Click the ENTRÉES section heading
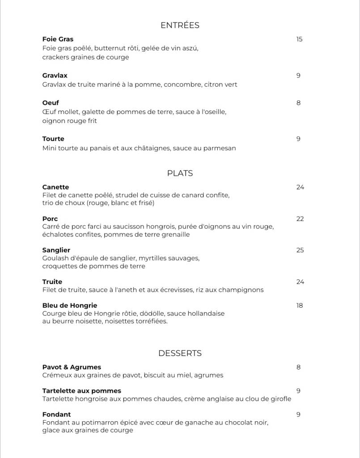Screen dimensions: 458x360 (180, 25)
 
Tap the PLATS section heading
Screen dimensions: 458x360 (180, 174)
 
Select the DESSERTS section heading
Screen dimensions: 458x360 (180, 353)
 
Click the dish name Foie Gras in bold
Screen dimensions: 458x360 (58, 39)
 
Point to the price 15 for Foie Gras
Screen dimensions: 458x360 (299, 39)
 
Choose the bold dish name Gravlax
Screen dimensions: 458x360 (55, 76)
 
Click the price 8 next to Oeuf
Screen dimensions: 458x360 (298, 103)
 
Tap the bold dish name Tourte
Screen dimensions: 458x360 (53, 139)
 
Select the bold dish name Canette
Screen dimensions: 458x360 (55, 187)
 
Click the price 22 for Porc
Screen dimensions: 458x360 (300, 219)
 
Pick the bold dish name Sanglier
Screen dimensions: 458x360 (56, 250)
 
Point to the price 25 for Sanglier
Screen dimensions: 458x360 (300, 250)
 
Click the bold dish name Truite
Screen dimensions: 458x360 (52, 282)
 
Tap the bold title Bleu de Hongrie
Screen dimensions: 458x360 (70, 305)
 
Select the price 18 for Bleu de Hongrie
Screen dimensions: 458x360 (300, 305)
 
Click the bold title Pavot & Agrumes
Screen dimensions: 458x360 (72, 367)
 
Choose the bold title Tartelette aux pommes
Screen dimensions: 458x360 (81, 391)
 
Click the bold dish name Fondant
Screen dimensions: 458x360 (56, 415)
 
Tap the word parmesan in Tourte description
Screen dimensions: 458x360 (220, 148)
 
